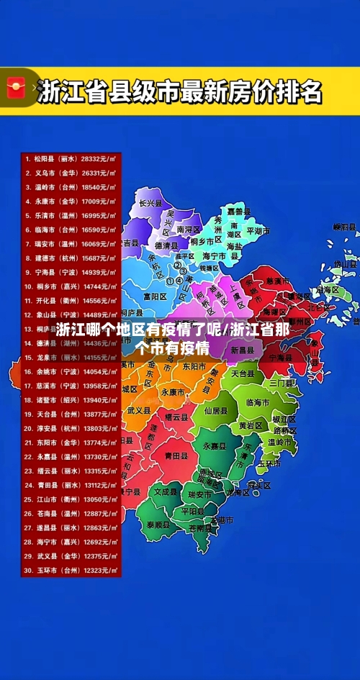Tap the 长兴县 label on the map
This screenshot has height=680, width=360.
[x=150, y=204]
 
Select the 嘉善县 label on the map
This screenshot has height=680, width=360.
[x=238, y=212]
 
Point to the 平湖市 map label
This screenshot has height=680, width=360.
[x=258, y=232]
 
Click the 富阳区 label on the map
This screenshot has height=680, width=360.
[x=154, y=296]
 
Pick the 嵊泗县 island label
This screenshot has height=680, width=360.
[x=346, y=227]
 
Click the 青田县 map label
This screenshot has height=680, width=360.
[x=176, y=455]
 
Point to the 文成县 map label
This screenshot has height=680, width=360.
[x=165, y=492]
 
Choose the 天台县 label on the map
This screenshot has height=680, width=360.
[x=243, y=374]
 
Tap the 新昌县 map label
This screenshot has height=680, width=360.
[x=243, y=350]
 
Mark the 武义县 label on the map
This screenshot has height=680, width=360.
[x=139, y=410]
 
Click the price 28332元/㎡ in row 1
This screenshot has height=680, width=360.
[x=99, y=158]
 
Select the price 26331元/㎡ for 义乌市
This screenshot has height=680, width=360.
[x=99, y=173]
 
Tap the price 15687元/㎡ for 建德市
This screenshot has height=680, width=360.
[x=99, y=258]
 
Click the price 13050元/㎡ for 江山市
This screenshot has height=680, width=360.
[x=99, y=499]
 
